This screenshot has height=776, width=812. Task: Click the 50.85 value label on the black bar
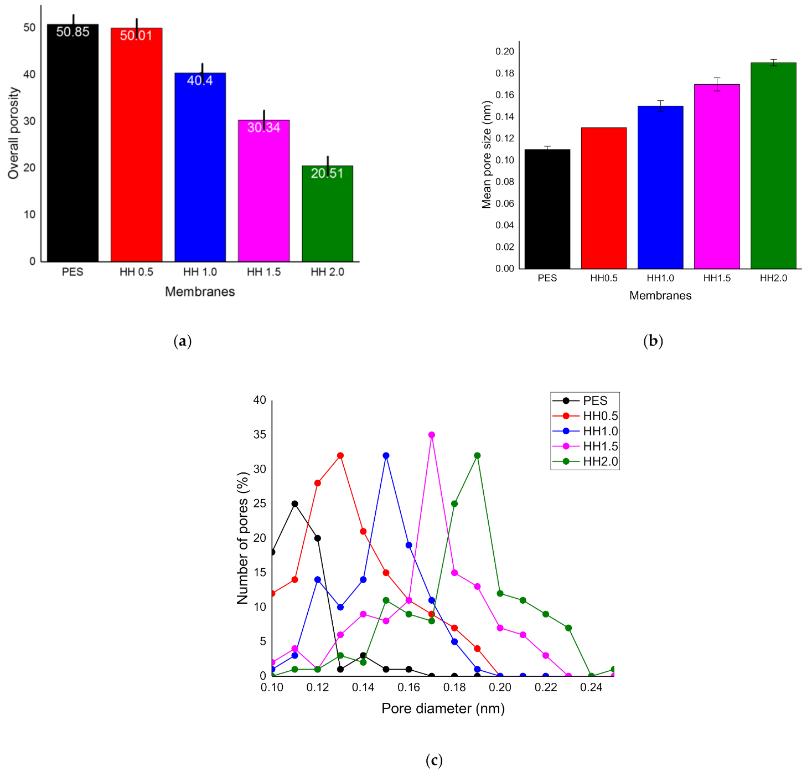[x=73, y=32]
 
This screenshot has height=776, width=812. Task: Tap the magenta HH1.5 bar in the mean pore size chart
[x=717, y=177]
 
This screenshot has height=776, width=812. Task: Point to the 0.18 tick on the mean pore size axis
[x=504, y=73]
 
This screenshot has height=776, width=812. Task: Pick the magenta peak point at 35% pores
[x=432, y=435]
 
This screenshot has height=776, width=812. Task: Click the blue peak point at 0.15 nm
[x=386, y=456]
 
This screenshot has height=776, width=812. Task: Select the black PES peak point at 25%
[x=295, y=504]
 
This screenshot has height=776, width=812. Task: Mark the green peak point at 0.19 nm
[x=477, y=456]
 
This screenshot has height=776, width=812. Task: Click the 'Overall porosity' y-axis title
[x=13, y=133]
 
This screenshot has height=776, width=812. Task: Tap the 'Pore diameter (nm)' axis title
[x=443, y=708]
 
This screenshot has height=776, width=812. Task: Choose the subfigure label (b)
[x=653, y=341]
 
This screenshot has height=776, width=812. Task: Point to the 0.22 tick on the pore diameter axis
[x=546, y=687]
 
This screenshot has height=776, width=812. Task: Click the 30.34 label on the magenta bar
[x=263, y=128]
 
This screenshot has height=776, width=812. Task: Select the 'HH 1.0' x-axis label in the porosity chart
[x=200, y=272]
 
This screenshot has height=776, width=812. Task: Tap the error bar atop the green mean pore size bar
[x=773, y=63]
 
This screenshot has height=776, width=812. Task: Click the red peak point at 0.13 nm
[x=340, y=456]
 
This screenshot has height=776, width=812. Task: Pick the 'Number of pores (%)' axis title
[x=242, y=538]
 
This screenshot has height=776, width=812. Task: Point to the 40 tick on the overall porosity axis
[x=29, y=74]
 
